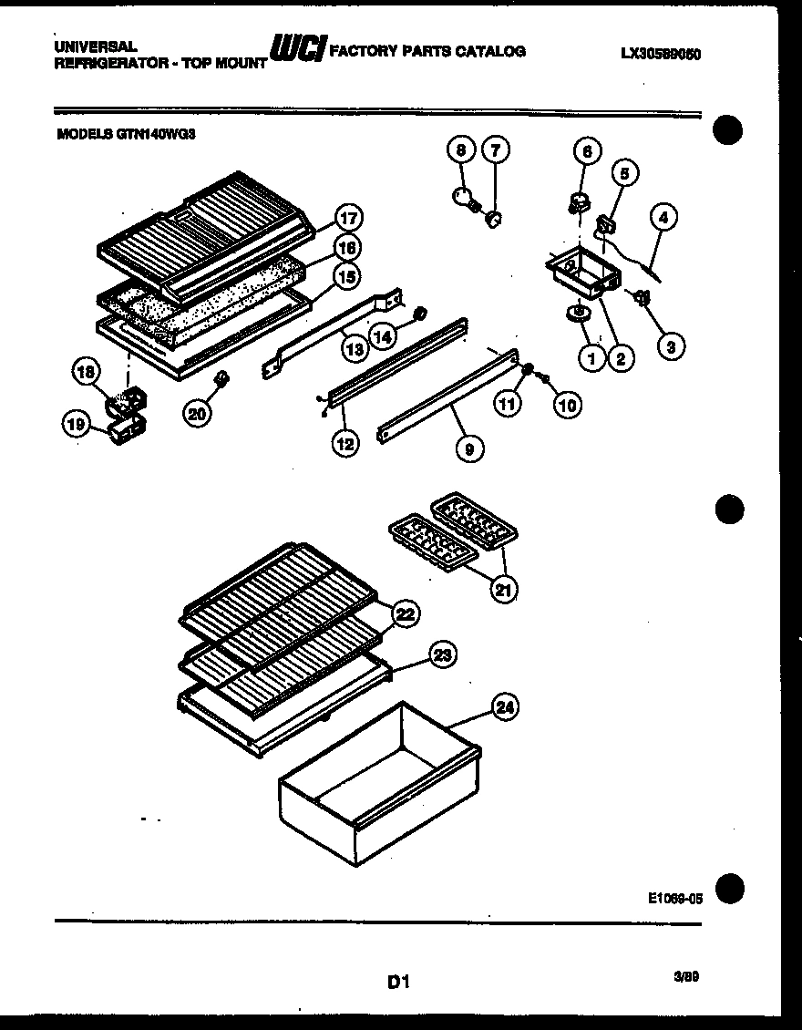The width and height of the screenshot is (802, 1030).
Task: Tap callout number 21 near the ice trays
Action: pyautogui.click(x=502, y=589)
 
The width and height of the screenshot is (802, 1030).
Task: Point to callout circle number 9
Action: pyautogui.click(x=470, y=447)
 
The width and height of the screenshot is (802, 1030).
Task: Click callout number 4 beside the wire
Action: pyautogui.click(x=663, y=218)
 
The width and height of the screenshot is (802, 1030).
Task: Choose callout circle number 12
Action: pyautogui.click(x=344, y=444)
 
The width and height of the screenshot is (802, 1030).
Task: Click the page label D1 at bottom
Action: pyautogui.click(x=399, y=982)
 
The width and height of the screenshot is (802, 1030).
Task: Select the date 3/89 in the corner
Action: pyautogui.click(x=686, y=975)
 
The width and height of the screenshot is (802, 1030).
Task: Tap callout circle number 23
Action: pyautogui.click(x=442, y=654)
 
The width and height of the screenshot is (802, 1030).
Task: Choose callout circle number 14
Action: pyautogui.click(x=384, y=335)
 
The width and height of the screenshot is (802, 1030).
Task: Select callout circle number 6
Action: pyautogui.click(x=587, y=152)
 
